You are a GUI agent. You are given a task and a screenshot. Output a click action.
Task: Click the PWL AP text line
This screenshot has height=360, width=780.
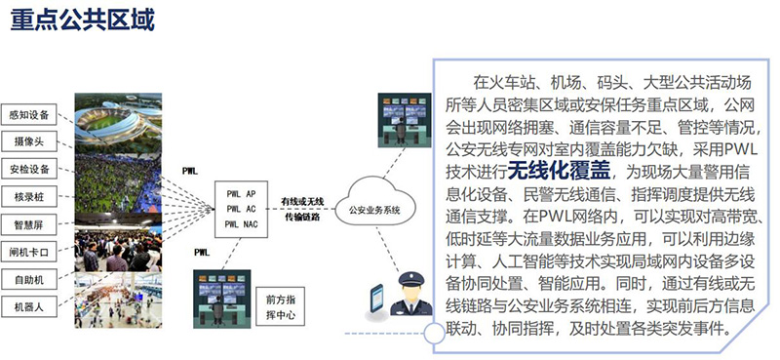click(x=240, y=193)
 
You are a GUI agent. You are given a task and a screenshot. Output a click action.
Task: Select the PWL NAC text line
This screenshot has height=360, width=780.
click(x=240, y=224)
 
